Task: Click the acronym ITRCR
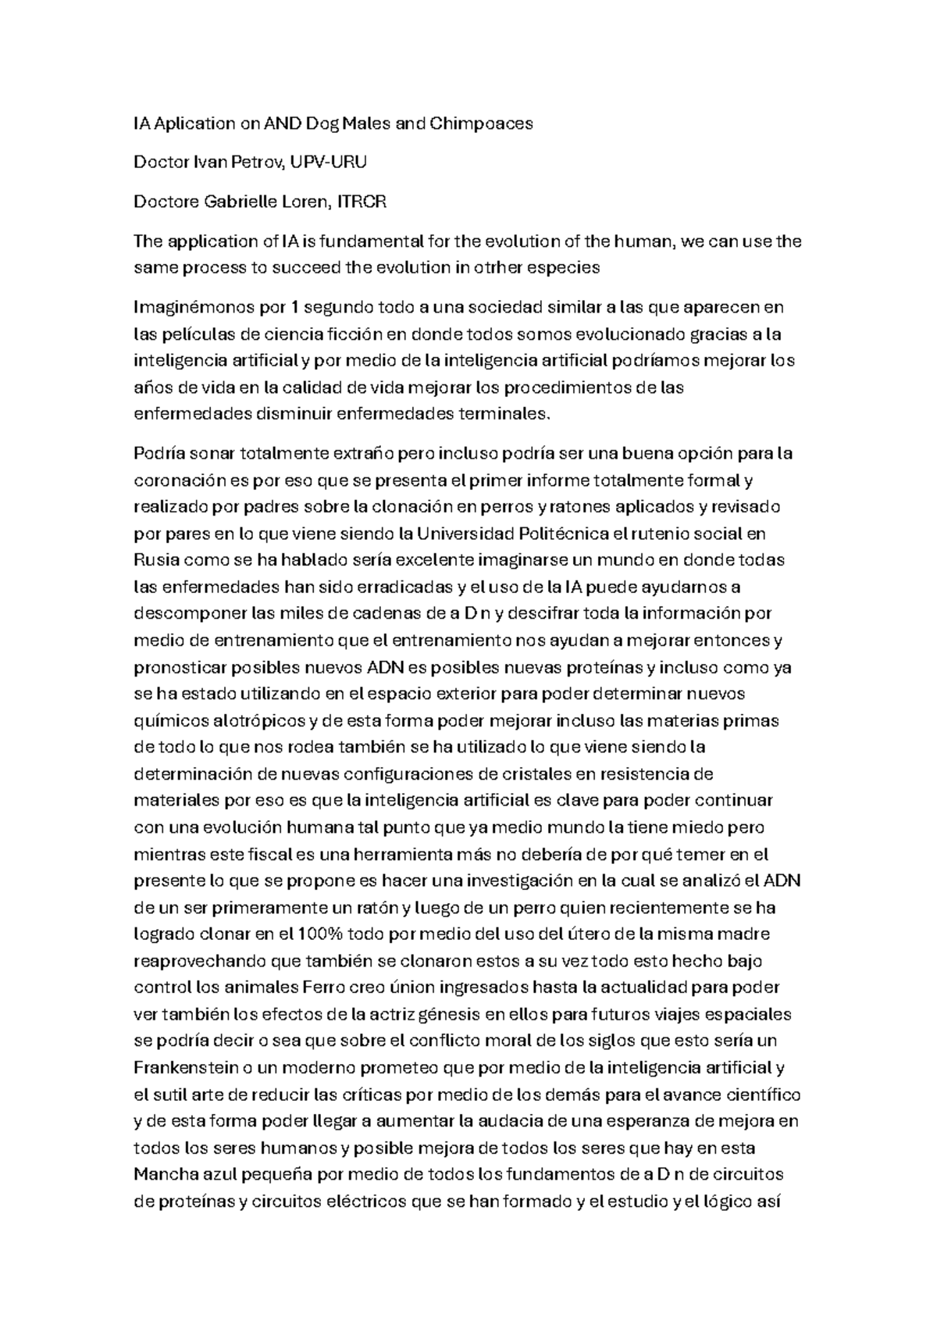click(362, 202)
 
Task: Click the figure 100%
click(321, 934)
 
